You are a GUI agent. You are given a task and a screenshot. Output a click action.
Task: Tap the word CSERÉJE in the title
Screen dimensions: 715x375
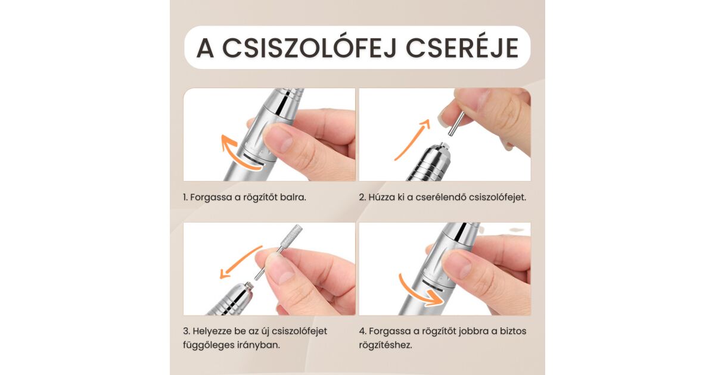click(462, 48)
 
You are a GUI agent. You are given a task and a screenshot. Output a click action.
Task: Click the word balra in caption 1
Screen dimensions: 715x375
click(293, 197)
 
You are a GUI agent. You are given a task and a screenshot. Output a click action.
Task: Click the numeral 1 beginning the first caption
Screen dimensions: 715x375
click(185, 198)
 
